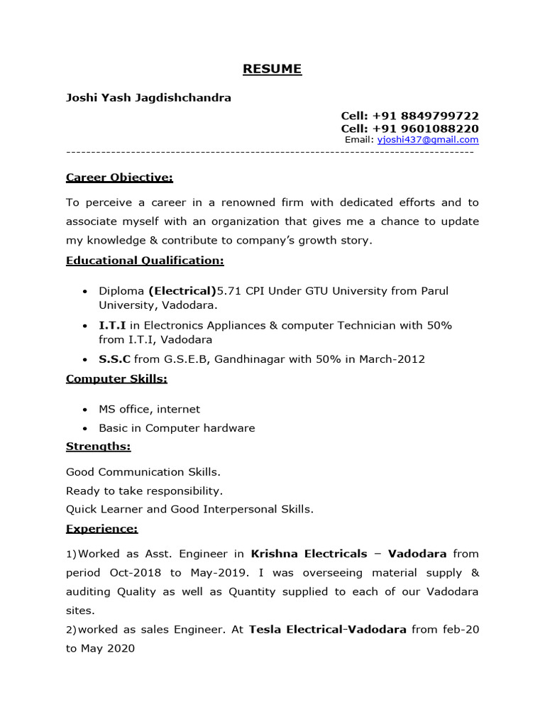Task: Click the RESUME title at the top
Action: [x=272, y=69]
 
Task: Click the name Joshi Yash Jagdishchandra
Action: [x=148, y=98]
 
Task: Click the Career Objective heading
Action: [x=119, y=177]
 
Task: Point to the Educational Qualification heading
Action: [x=145, y=261]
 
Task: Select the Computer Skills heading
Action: [x=116, y=378]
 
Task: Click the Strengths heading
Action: [x=98, y=447]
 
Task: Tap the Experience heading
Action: [x=101, y=529]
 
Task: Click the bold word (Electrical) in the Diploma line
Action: [x=182, y=291]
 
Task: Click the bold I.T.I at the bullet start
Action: [x=112, y=325]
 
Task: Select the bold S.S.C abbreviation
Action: [x=114, y=359]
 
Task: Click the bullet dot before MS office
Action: [x=85, y=410]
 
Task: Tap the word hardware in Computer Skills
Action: [x=228, y=428]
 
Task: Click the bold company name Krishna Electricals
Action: [x=309, y=554]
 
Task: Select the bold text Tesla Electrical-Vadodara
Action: [x=327, y=630]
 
